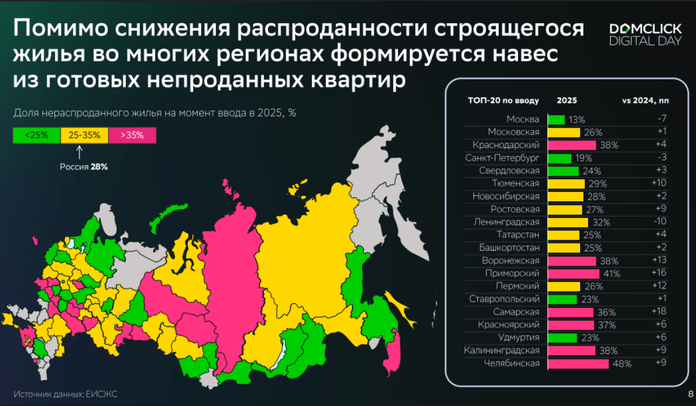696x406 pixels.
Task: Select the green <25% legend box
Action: click(x=36, y=135)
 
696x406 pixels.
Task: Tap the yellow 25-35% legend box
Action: click(x=85, y=135)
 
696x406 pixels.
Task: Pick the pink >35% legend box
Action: click(x=133, y=135)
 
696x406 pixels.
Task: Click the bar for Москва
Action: click(x=556, y=119)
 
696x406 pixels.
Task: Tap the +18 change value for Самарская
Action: click(x=659, y=311)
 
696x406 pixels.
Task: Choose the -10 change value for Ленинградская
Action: click(x=659, y=222)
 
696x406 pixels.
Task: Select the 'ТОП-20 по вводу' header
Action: click(x=503, y=100)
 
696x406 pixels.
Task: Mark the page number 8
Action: click(x=688, y=395)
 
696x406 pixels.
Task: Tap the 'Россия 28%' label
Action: click(x=84, y=167)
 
